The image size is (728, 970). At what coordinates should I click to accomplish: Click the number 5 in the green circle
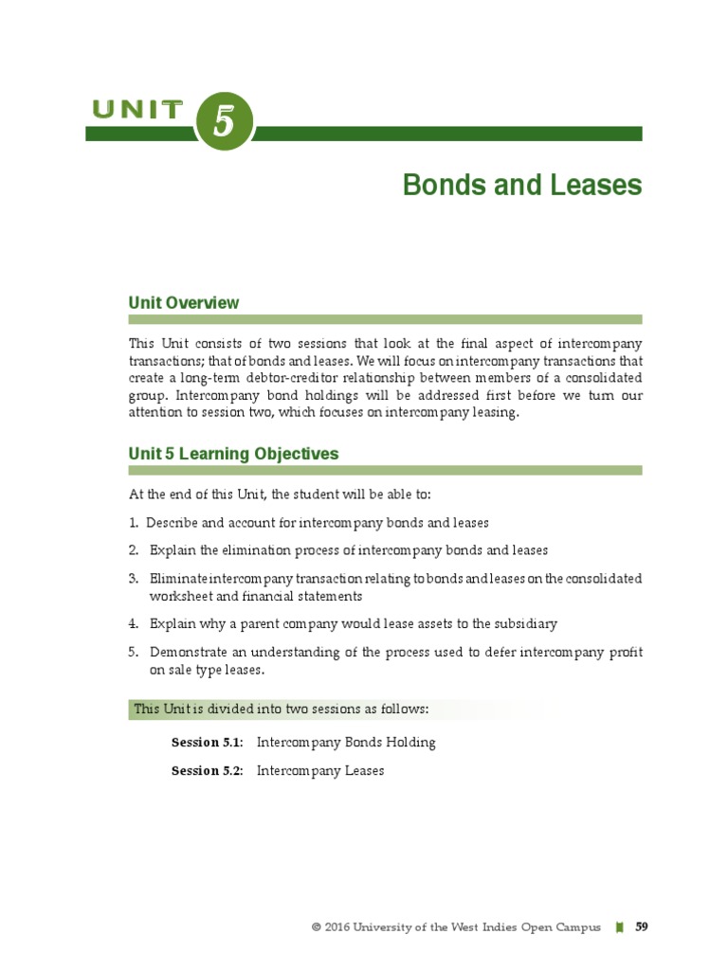pyautogui.click(x=225, y=124)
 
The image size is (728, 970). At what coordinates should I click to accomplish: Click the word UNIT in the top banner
pyautogui.click(x=138, y=110)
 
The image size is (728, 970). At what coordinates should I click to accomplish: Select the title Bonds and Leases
pyautogui.click(x=522, y=185)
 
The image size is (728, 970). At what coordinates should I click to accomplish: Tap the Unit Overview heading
pyautogui.click(x=184, y=303)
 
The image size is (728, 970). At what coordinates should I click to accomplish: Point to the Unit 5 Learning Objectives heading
pyautogui.click(x=233, y=454)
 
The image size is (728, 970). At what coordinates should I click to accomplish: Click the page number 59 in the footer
pyautogui.click(x=642, y=927)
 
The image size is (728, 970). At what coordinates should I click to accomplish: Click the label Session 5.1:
pyautogui.click(x=207, y=743)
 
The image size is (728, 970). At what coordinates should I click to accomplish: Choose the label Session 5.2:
pyautogui.click(x=207, y=771)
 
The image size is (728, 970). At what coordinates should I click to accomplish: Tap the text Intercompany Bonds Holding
pyautogui.click(x=346, y=743)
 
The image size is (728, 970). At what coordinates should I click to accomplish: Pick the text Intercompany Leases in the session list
pyautogui.click(x=320, y=771)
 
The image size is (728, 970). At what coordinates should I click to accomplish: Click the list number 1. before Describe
pyautogui.click(x=134, y=523)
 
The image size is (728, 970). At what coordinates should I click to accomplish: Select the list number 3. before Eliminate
pyautogui.click(x=134, y=578)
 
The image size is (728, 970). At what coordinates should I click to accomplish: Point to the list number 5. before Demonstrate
pyautogui.click(x=134, y=652)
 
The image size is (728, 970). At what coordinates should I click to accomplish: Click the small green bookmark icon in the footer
pyautogui.click(x=620, y=928)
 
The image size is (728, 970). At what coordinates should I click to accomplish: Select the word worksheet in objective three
pyautogui.click(x=179, y=597)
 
